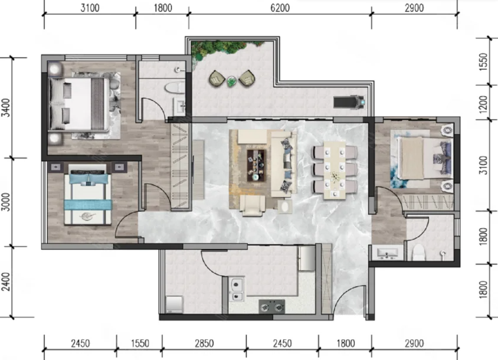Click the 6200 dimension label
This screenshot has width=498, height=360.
point(280,8)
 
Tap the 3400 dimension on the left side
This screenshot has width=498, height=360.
point(6,108)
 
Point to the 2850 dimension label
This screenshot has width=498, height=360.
point(204,343)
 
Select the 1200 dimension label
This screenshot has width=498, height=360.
point(483,104)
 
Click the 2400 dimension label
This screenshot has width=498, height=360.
point(6,282)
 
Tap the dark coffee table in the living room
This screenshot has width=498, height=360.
point(256,165)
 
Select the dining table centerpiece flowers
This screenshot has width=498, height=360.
point(335,176)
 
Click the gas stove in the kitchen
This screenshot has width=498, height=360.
point(271,307)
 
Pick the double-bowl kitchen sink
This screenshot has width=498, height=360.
point(237,289)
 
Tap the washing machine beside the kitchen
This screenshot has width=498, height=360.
point(175,304)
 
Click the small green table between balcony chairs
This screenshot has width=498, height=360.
point(231,81)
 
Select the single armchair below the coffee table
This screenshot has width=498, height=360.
point(253,205)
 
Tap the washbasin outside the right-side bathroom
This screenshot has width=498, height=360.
point(387,253)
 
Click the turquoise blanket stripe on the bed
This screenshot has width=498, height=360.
point(88,204)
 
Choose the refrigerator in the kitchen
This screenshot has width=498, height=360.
point(306,258)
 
